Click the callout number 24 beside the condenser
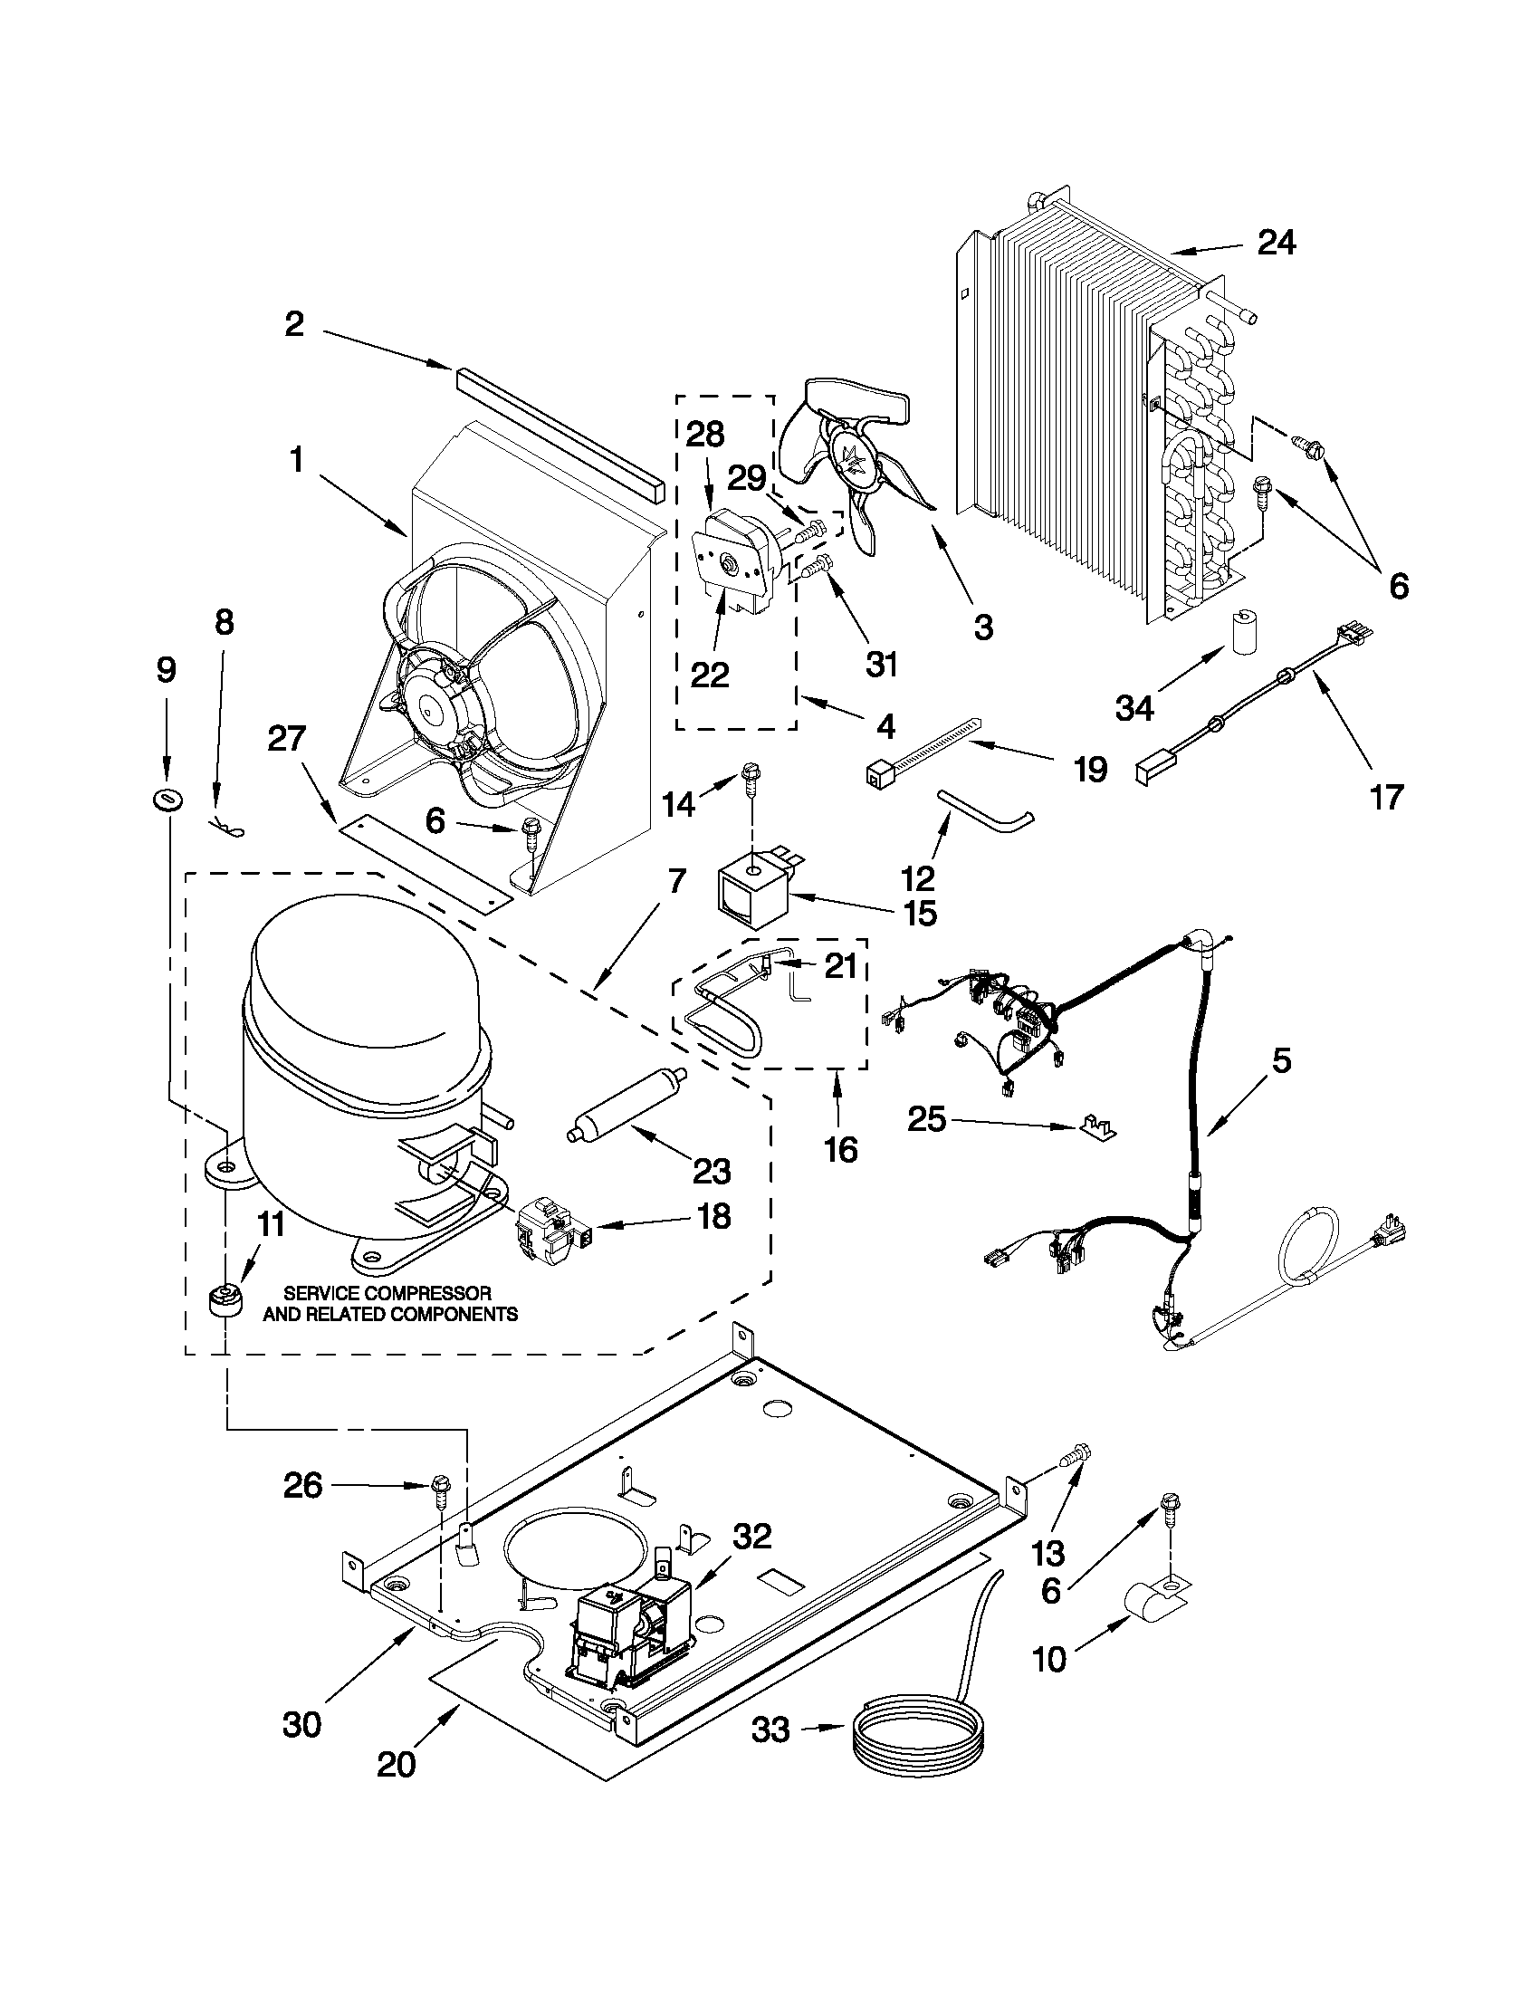tap(1277, 243)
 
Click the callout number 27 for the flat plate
tap(286, 737)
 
